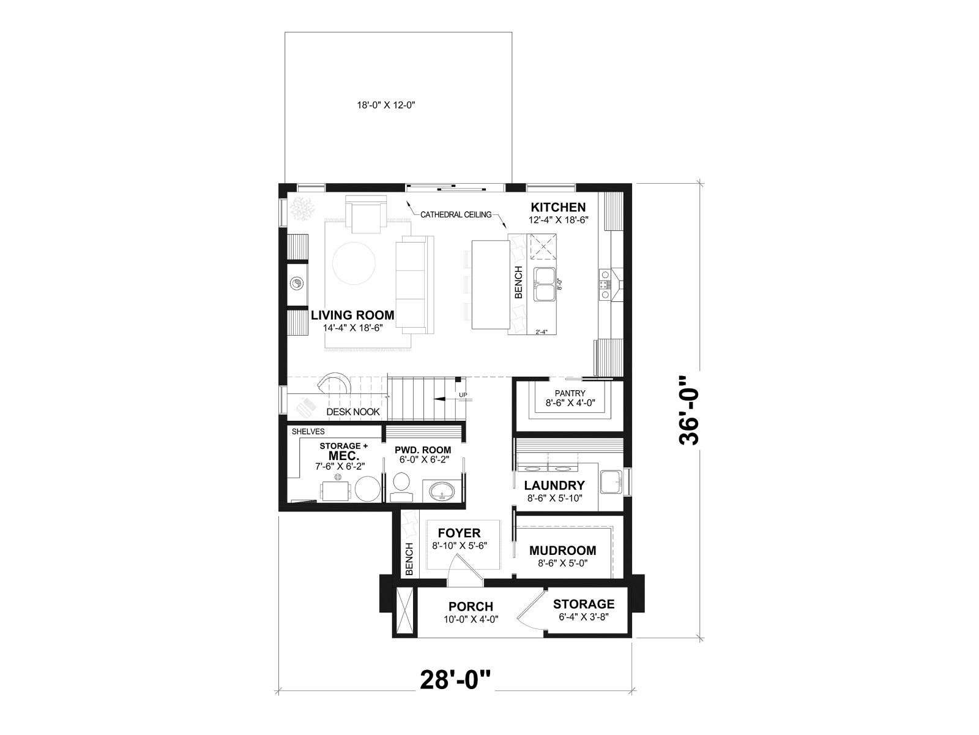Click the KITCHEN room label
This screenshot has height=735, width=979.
tap(558, 207)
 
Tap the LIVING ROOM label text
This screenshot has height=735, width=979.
tap(352, 315)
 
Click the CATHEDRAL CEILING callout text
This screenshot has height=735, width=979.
tap(456, 214)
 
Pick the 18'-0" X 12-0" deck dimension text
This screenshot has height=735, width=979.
tap(386, 105)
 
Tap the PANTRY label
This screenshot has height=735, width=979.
tap(570, 393)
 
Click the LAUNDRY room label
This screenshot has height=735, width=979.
tap(554, 485)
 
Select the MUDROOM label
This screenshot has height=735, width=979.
tap(563, 550)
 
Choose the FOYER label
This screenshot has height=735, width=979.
tap(460, 533)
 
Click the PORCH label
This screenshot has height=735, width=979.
tap(471, 606)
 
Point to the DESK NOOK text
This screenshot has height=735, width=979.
tap(353, 412)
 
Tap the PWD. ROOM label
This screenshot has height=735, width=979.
tap(423, 450)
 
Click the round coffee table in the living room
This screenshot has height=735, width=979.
tap(354, 263)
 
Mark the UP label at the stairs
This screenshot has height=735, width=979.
tap(463, 395)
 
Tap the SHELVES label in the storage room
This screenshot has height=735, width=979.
tap(308, 432)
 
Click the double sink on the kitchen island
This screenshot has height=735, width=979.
tap(545, 284)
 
